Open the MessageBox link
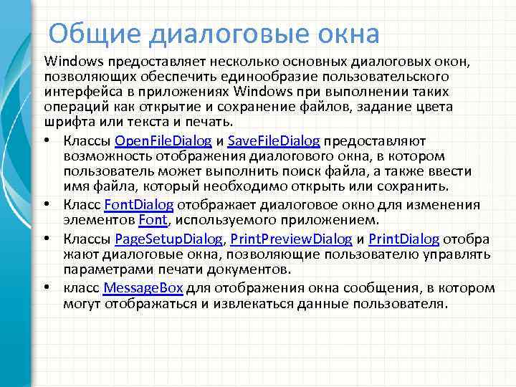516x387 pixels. [x=143, y=288]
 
